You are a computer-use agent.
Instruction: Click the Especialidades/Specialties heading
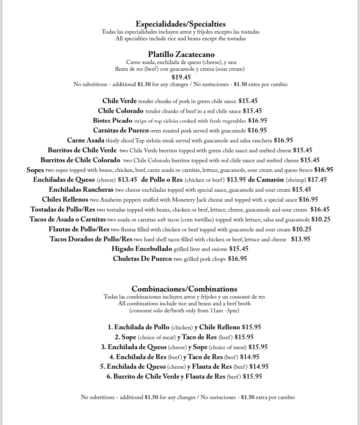click(x=180, y=24)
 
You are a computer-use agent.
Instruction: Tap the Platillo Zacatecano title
click(x=181, y=54)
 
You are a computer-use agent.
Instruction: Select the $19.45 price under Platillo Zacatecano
click(x=181, y=77)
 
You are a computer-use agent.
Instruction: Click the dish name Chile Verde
click(x=119, y=101)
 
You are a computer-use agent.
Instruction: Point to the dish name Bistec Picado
click(x=112, y=121)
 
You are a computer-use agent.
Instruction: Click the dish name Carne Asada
click(x=85, y=140)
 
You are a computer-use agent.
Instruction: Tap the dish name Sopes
click(x=35, y=170)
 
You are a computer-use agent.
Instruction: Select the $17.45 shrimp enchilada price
click(x=317, y=180)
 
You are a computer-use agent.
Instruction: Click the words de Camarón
click(x=266, y=180)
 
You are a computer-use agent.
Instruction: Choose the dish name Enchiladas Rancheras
click(x=81, y=189)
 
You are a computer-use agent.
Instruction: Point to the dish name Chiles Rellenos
click(x=65, y=199)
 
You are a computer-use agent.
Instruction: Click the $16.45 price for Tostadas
click(x=320, y=209)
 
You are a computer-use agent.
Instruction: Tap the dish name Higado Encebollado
click(x=142, y=249)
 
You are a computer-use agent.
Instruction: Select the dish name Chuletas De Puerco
click(x=142, y=259)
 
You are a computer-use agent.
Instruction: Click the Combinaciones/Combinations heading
click(x=184, y=289)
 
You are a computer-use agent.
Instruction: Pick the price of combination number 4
click(x=250, y=357)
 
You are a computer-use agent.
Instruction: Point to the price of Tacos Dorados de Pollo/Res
click(x=300, y=239)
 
